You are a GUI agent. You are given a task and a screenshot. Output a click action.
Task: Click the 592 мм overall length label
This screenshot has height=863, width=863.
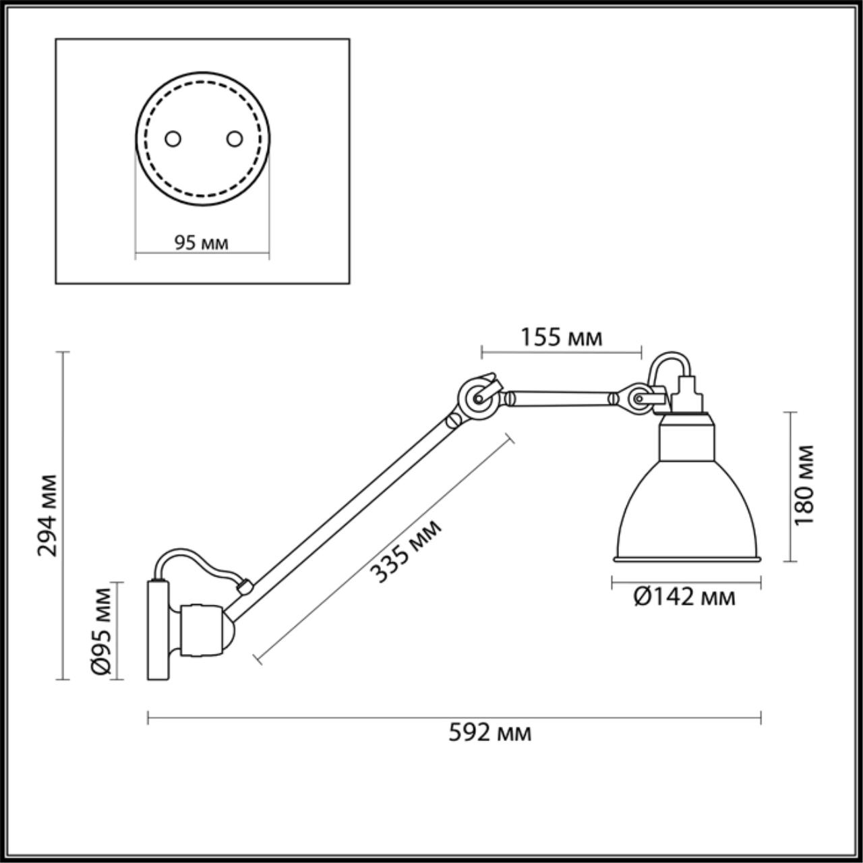point(489,733)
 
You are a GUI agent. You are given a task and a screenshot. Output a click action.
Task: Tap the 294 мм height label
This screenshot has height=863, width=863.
point(48,515)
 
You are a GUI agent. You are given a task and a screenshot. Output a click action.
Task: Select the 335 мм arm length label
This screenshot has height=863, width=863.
point(407,551)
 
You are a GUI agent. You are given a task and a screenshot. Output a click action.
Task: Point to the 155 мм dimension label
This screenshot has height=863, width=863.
point(561,337)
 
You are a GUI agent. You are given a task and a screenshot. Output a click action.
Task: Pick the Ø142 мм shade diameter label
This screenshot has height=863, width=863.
point(684,596)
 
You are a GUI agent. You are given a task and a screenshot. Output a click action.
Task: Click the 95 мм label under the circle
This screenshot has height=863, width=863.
point(202,243)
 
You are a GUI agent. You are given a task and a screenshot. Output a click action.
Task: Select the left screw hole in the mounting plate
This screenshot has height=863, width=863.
point(173,139)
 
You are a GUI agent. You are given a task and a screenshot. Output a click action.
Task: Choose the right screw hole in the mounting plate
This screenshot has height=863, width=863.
point(234,139)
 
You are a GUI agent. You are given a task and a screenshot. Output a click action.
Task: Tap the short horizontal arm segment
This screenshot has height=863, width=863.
point(560,398)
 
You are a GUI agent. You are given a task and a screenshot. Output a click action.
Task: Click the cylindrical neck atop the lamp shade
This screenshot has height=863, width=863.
point(686,438)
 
